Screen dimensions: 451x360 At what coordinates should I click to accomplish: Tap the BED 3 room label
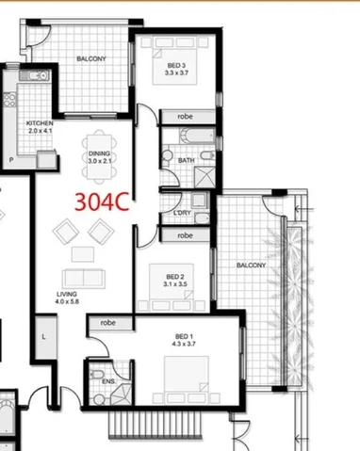(x=176, y=67)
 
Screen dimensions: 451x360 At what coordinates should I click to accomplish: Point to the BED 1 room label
(x=184, y=341)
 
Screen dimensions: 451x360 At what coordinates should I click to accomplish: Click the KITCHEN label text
(x=39, y=126)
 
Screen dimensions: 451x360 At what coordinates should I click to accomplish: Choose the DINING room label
(x=100, y=157)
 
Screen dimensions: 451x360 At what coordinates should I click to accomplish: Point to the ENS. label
(x=108, y=380)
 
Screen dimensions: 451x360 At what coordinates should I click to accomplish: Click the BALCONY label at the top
(x=90, y=59)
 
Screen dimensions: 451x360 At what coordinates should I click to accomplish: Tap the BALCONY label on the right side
(x=252, y=265)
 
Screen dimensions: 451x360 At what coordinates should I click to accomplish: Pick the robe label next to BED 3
(x=185, y=117)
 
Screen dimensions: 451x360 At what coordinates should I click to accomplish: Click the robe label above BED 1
(x=109, y=322)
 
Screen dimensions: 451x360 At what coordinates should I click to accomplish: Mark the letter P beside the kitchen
(x=11, y=161)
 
